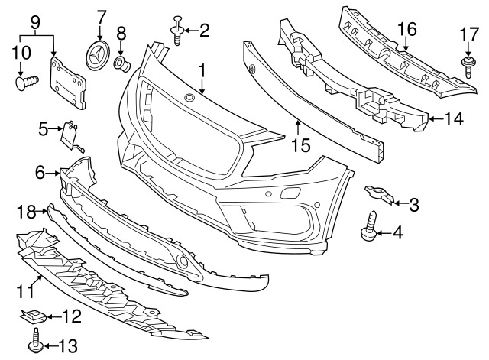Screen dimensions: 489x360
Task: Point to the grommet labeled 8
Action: click(x=122, y=64)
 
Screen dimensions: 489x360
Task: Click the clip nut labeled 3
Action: click(x=378, y=195)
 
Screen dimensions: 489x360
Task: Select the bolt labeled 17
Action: click(x=468, y=67)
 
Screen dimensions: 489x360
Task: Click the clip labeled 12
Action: click(x=33, y=316)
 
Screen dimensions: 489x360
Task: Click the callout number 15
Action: click(x=301, y=145)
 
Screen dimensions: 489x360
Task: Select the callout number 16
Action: click(x=407, y=29)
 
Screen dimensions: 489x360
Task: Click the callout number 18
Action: click(x=26, y=212)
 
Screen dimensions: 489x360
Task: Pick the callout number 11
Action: click(x=24, y=292)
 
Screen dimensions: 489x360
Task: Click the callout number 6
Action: click(x=40, y=173)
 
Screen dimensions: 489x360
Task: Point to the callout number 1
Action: click(x=202, y=71)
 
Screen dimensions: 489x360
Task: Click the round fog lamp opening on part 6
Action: click(x=182, y=261)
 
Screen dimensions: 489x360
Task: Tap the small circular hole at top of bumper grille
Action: click(x=189, y=97)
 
